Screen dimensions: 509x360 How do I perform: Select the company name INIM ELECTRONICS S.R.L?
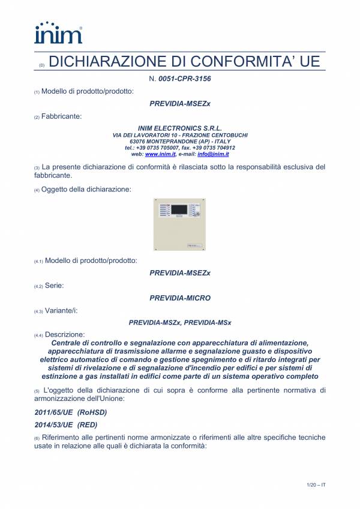[x=179, y=128]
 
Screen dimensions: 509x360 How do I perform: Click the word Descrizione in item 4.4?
[x=65, y=334]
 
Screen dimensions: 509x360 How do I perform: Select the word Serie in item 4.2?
[x=54, y=285]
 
